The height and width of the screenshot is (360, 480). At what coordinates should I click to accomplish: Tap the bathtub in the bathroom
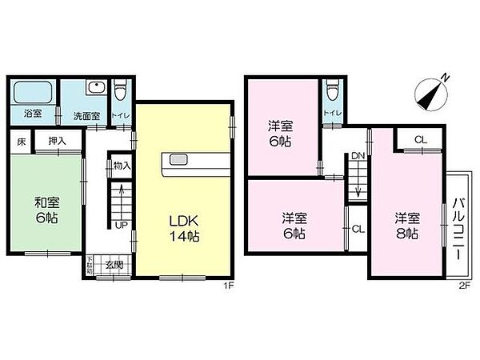click(34, 92)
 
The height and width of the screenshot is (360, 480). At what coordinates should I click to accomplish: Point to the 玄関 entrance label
click(113, 265)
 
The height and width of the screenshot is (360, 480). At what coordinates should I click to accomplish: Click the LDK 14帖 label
click(183, 228)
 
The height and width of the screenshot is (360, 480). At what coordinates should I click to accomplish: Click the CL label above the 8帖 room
click(419, 141)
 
